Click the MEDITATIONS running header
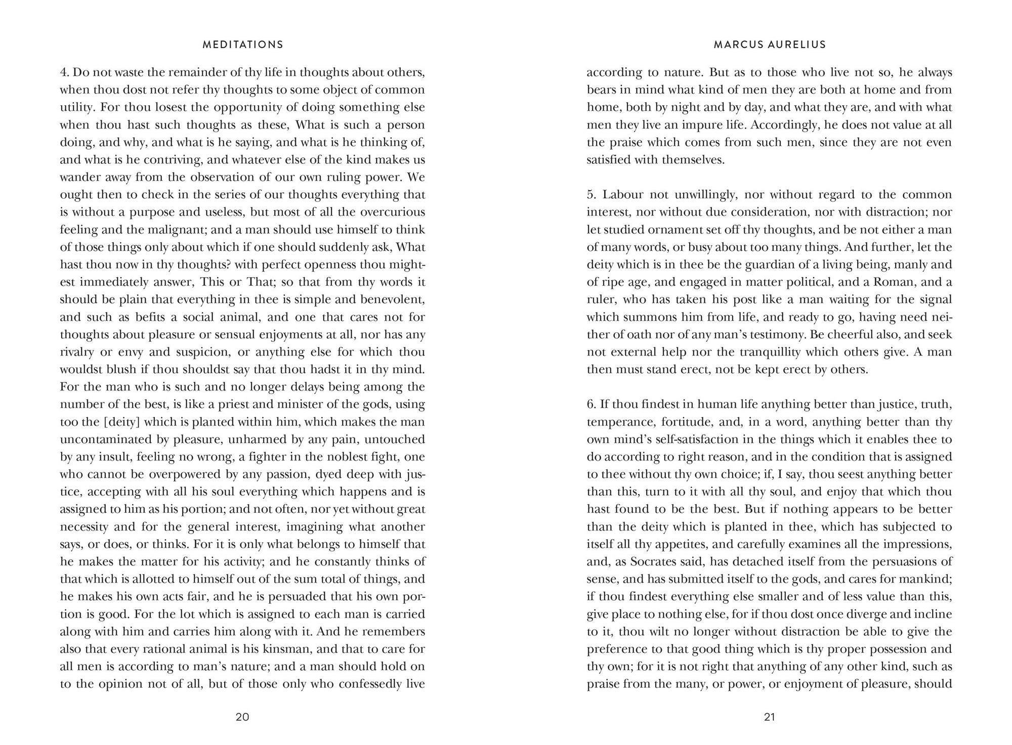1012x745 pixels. (243, 45)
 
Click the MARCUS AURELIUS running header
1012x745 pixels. (770, 45)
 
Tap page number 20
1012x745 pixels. (242, 717)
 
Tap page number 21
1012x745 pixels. (770, 717)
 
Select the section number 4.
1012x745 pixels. (64, 72)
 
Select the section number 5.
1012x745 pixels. (591, 195)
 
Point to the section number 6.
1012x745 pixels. (591, 405)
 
